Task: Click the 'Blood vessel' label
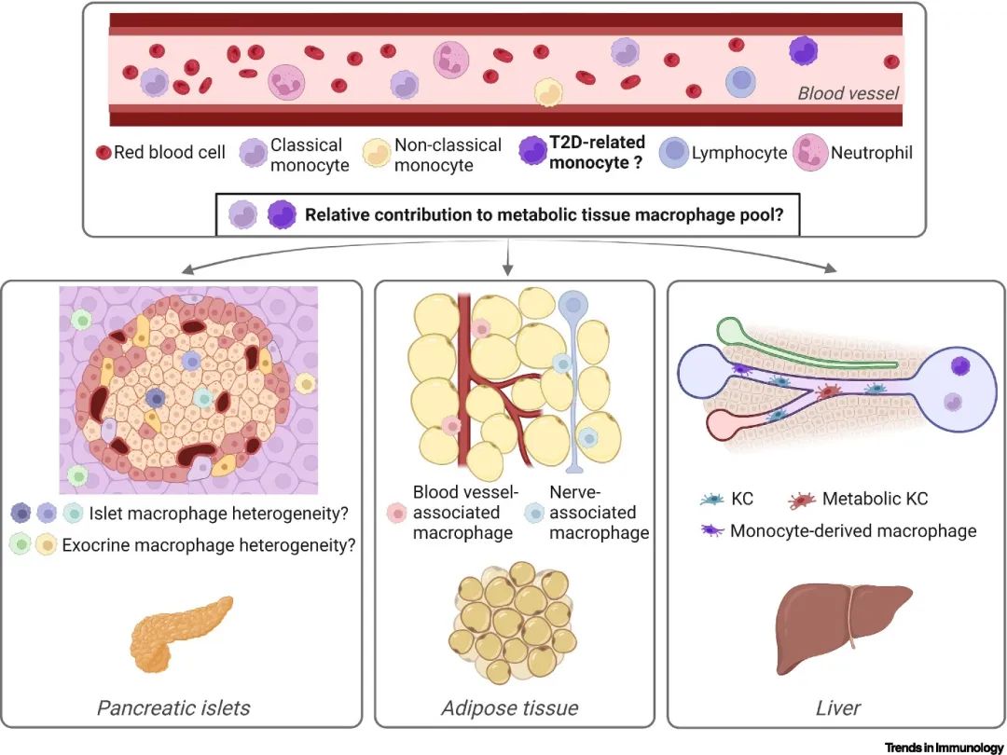pyautogui.click(x=848, y=93)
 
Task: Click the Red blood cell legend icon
pyautogui.click(x=103, y=152)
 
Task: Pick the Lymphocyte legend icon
pyautogui.click(x=674, y=152)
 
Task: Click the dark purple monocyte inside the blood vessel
pyautogui.click(x=803, y=50)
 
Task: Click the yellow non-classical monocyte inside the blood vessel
pyautogui.click(x=548, y=91)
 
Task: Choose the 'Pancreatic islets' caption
pyautogui.click(x=173, y=707)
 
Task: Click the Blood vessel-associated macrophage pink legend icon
pyautogui.click(x=394, y=512)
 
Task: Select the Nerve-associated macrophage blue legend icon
pyautogui.click(x=534, y=512)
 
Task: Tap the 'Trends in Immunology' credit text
pyautogui.click(x=944, y=748)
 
